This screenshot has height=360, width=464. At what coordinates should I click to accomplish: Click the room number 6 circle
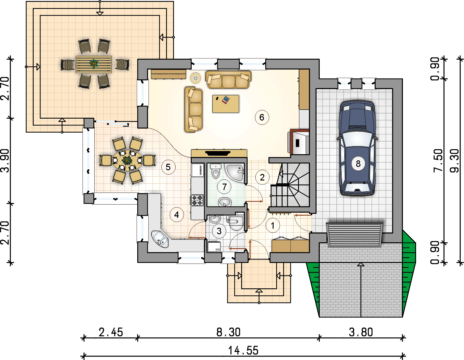tap(262, 117)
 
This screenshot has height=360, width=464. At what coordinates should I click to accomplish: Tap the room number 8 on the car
tap(358, 163)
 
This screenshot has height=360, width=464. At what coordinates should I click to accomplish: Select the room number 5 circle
tap(168, 167)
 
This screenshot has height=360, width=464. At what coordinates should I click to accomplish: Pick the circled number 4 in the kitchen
tap(177, 215)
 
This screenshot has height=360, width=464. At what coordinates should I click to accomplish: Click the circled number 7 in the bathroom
tap(224, 187)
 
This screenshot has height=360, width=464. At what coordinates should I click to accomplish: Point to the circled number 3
tap(219, 231)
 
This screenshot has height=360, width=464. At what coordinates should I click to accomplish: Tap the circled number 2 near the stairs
tap(262, 177)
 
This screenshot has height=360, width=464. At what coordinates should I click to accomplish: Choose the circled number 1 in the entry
tap(272, 226)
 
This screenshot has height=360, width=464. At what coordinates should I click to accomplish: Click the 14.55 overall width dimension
tap(243, 351)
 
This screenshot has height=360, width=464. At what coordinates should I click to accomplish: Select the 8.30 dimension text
tap(228, 332)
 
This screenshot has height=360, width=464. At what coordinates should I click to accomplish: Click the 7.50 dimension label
tap(438, 161)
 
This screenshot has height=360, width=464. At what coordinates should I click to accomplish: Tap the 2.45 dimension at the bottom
tap(111, 332)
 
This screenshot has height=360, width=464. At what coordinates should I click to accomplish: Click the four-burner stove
tap(197, 200)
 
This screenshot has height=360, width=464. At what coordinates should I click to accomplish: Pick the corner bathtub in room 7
tap(236, 172)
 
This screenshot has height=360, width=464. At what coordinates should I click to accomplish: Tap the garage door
tap(354, 235)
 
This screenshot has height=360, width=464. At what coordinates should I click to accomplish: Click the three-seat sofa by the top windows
tap(228, 80)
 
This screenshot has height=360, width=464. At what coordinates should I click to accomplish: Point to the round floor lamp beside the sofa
tap(195, 78)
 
